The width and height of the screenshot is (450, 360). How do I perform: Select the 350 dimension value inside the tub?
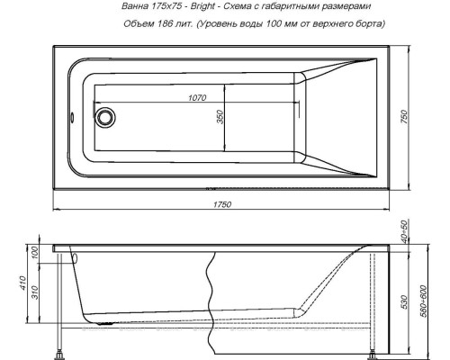coord(218,119)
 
